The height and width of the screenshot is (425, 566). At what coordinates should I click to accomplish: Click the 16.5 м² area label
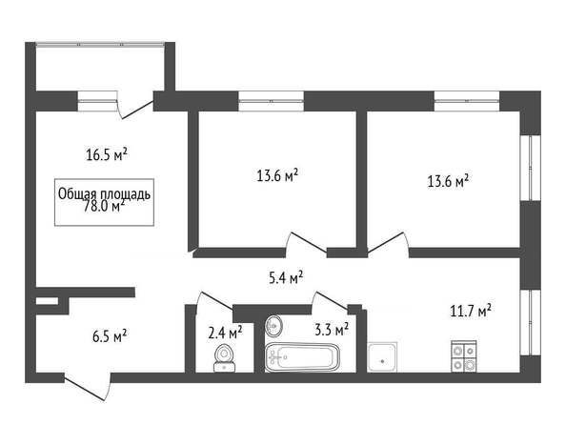tap(107, 154)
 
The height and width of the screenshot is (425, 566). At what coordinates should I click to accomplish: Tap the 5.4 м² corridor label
tap(286, 278)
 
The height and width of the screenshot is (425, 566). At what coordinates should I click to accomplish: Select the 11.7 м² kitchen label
tap(471, 311)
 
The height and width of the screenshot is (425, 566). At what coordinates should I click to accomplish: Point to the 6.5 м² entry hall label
tap(110, 336)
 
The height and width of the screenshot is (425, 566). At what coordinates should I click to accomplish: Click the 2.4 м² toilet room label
tap(225, 333)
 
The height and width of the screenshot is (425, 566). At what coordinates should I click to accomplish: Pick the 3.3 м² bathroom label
tap(332, 329)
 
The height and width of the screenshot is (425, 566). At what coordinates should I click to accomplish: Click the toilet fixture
tap(224, 358)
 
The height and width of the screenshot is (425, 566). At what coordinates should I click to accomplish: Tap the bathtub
tap(302, 357)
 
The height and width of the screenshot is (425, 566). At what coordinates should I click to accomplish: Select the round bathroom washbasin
tap(274, 326)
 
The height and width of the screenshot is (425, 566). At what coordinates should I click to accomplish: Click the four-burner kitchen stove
tap(464, 356)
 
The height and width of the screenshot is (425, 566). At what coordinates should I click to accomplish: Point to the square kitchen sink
tap(382, 356)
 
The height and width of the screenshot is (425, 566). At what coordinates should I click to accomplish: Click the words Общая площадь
tap(104, 193)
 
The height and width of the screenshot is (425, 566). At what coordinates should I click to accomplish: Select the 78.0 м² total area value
tap(104, 206)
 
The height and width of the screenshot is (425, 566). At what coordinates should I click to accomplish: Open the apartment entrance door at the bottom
tap(87, 386)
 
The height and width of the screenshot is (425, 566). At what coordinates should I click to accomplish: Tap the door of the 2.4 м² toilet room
tap(214, 301)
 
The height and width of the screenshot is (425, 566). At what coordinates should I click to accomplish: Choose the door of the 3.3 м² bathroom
tap(331, 300)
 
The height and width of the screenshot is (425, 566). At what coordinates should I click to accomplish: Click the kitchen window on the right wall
tap(530, 322)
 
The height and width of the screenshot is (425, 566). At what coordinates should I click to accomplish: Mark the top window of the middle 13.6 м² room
tap(271, 101)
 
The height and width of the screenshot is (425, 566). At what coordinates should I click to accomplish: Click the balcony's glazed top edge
tap(100, 45)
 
